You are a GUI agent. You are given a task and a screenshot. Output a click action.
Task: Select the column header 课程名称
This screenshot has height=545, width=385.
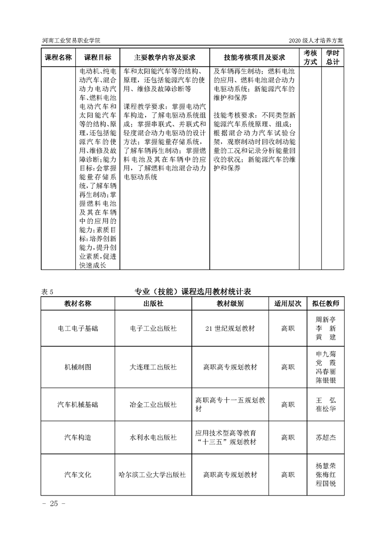coord(58,57)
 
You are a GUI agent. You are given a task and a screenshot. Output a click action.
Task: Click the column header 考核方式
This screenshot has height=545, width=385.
coord(310,57)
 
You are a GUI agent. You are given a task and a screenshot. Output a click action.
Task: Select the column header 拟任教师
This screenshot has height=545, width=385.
coord(326,303)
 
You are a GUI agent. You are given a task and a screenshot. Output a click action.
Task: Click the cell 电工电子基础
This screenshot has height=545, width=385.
coord(78,328)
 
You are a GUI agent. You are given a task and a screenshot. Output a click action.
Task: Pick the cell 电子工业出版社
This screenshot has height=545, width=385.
coord(153,328)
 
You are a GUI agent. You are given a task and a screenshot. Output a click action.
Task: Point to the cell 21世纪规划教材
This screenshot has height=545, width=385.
coord(230,328)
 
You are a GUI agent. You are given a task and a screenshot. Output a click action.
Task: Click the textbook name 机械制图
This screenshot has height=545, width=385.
coord(78,367)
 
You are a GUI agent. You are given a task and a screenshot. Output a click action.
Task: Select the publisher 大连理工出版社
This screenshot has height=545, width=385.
coord(153,367)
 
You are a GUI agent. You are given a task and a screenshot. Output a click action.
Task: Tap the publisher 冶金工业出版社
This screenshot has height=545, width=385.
coord(153,404)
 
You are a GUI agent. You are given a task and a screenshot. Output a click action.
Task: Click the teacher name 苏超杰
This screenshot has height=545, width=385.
coord(326,437)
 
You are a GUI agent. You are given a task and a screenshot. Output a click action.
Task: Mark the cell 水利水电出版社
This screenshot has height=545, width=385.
coord(153,437)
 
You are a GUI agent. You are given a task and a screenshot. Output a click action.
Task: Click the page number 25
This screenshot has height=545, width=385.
coord(53,503)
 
